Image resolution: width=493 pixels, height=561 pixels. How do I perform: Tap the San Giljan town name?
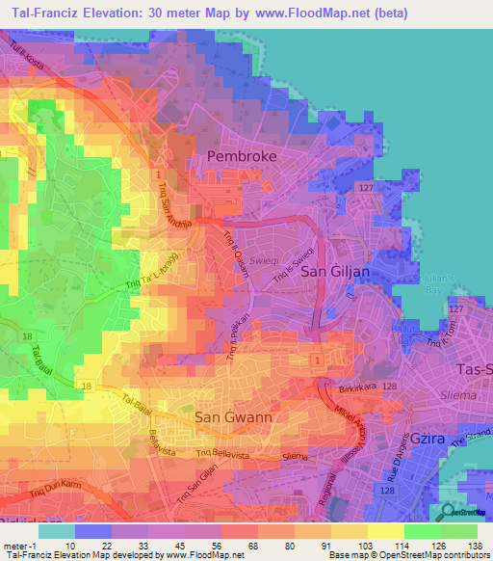[x=336, y=272]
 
